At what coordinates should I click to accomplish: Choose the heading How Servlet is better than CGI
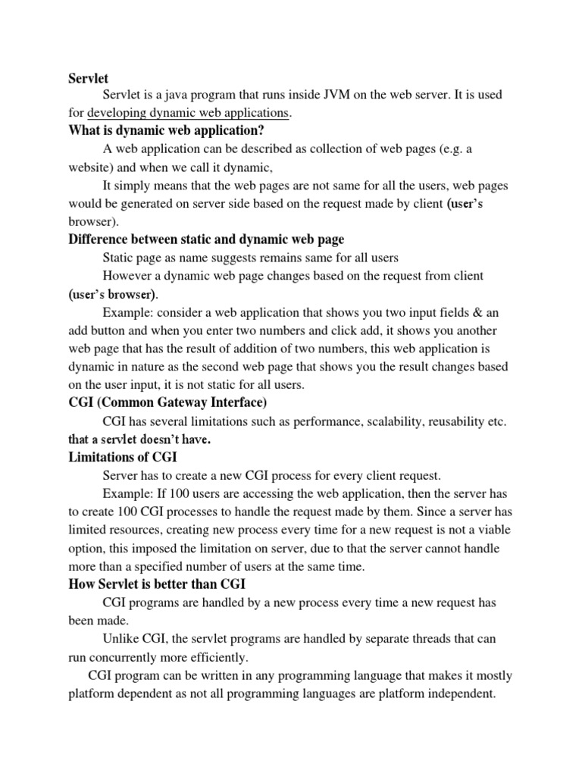pos(157,584)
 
